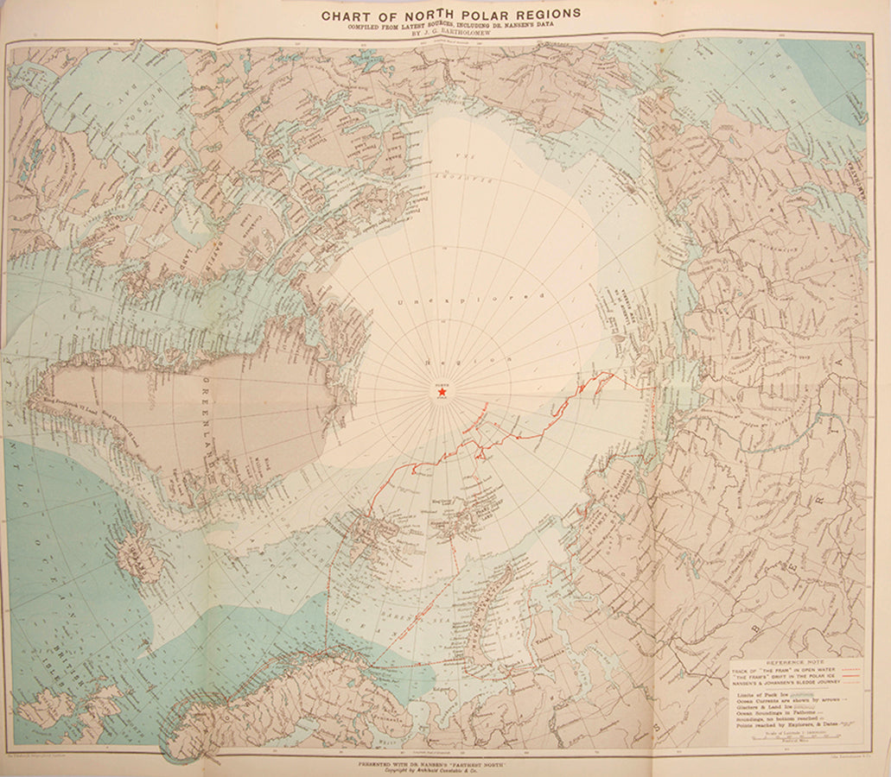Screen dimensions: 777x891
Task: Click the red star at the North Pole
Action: click(x=442, y=393)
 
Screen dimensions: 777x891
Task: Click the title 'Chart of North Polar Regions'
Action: click(x=451, y=14)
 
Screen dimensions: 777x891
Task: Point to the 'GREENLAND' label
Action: click(x=209, y=423)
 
